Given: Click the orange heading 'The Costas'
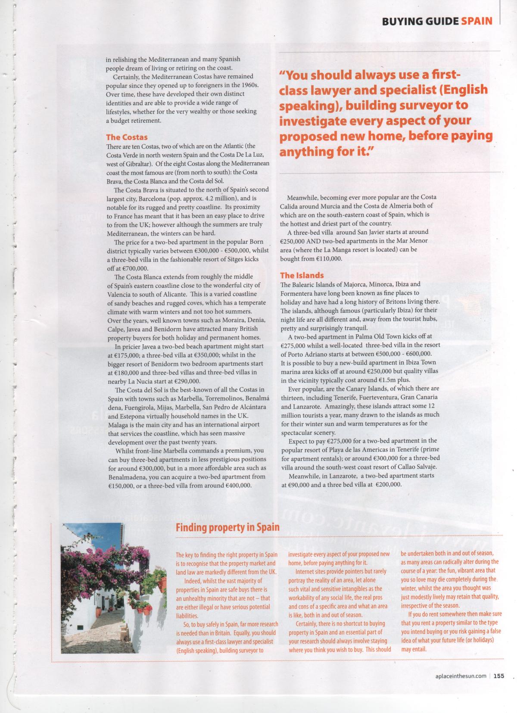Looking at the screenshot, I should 127,137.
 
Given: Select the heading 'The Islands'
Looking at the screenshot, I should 302,275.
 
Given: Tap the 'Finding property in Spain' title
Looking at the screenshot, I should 227,527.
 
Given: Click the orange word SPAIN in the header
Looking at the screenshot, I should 477,21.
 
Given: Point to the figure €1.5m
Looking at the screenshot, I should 387,380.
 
